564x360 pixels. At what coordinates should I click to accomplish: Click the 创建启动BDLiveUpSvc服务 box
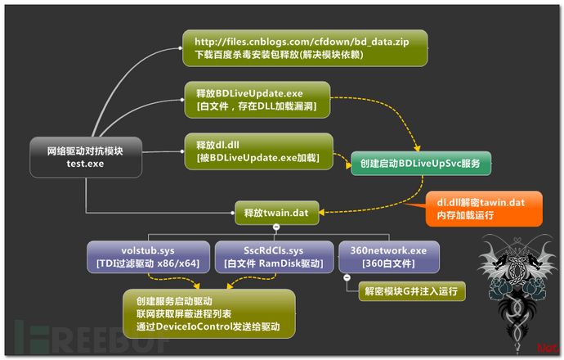[420, 164]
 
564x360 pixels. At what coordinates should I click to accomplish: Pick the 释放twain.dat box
[276, 212]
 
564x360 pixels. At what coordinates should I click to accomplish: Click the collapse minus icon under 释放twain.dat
[276, 226]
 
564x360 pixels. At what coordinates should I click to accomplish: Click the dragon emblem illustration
[510, 274]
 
